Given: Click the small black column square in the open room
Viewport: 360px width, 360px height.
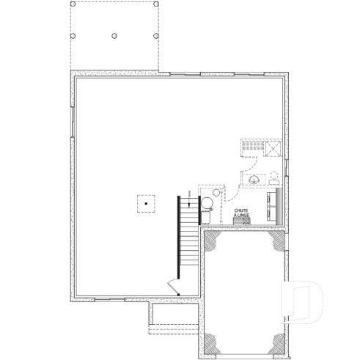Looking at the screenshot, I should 147,202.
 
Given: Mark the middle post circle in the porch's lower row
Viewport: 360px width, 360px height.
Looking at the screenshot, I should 114,35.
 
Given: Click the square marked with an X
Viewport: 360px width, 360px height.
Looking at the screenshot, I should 274,146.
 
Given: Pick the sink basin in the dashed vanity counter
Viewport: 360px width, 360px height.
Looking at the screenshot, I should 254,179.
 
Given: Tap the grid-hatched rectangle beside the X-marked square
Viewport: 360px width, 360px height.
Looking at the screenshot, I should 253,146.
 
